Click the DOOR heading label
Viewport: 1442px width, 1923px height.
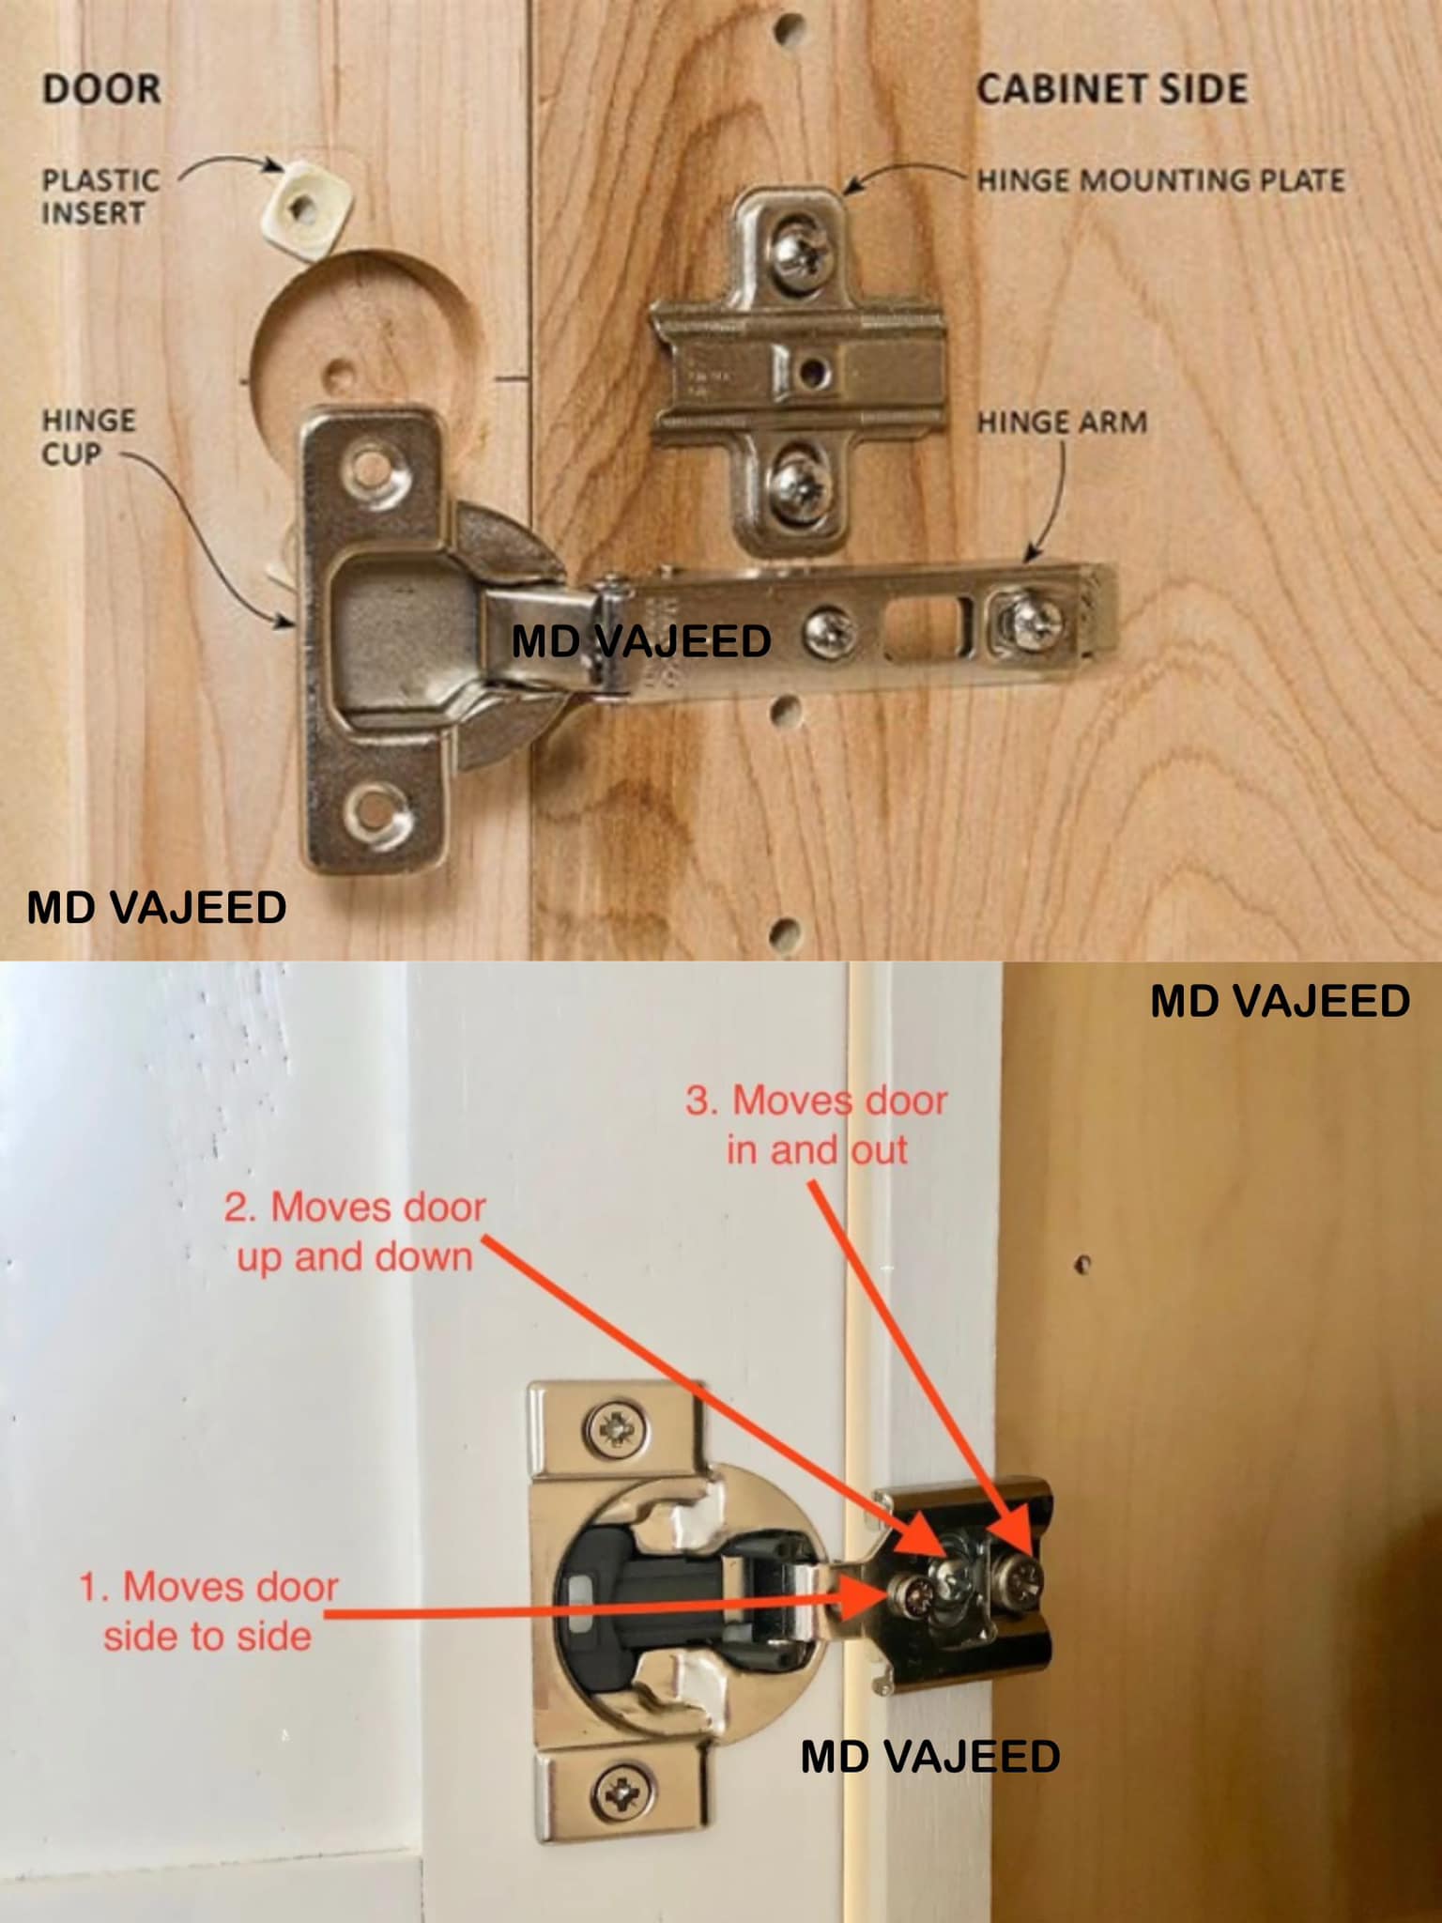tap(101, 89)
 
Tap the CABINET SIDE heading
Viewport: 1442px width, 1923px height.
tap(1112, 89)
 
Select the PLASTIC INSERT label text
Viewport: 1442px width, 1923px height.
tap(100, 196)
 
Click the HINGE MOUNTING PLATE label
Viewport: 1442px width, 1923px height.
tap(1161, 179)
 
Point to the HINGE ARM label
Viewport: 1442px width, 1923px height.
tap(1062, 423)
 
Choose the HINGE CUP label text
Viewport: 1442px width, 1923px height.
tap(88, 437)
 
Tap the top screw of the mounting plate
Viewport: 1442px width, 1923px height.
tap(800, 251)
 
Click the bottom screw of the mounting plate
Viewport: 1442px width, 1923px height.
tap(798, 484)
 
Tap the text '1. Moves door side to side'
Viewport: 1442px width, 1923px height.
tap(207, 1611)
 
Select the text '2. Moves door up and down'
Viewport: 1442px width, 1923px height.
tap(355, 1232)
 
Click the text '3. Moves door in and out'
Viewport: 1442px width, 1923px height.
tap(817, 1125)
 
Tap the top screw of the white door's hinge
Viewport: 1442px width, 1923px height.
tap(616, 1429)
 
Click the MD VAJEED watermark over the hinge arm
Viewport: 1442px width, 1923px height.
tap(641, 641)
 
